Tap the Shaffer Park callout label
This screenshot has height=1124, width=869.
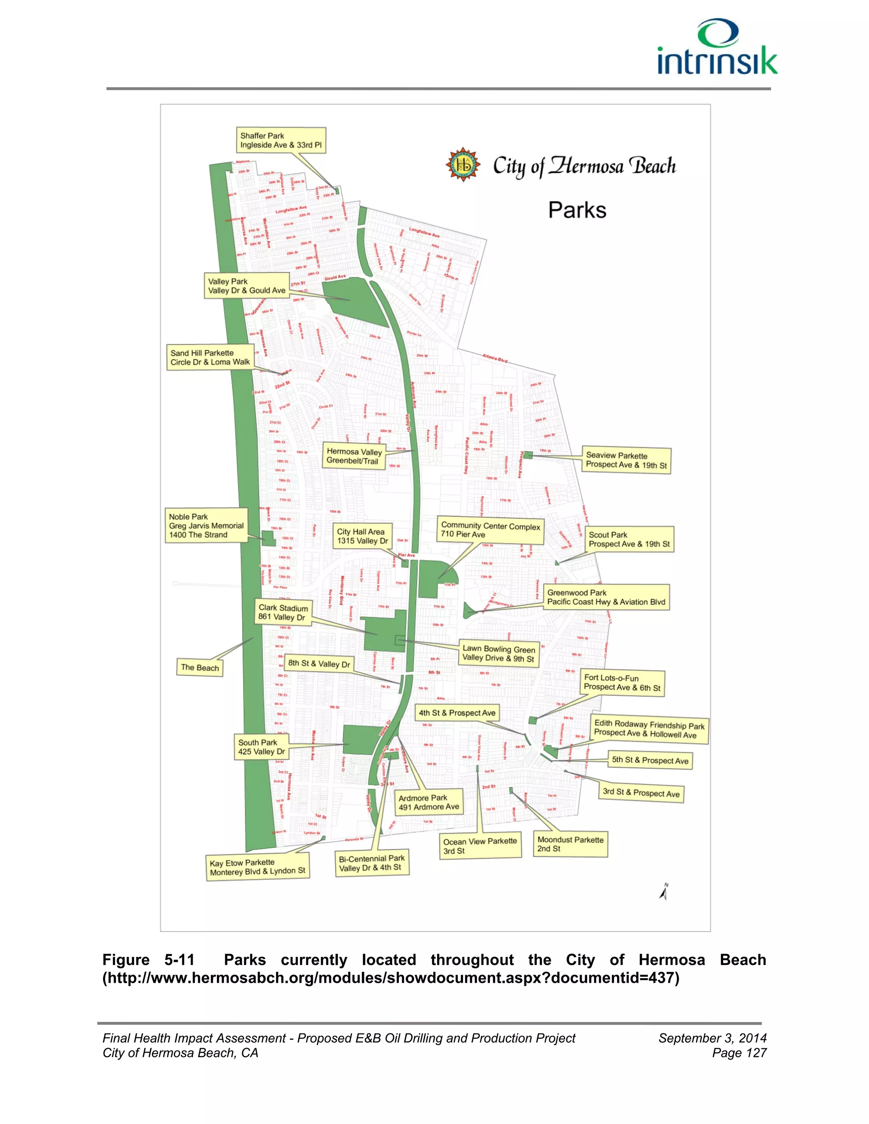tap(280, 140)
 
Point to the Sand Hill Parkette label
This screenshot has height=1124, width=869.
tap(210, 358)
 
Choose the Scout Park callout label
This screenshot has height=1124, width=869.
tap(629, 540)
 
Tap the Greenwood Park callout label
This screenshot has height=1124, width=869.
tap(606, 598)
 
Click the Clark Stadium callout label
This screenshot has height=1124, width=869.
tap(283, 612)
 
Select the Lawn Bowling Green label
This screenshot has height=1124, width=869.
tap(498, 654)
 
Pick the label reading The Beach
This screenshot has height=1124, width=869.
tap(200, 668)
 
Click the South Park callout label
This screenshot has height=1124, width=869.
tap(261, 747)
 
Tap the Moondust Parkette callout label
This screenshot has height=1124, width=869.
tap(570, 844)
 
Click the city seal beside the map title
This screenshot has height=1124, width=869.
tap(463, 165)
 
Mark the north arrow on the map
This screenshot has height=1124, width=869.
tap(664, 892)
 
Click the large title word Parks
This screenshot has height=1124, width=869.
tap(577, 210)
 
